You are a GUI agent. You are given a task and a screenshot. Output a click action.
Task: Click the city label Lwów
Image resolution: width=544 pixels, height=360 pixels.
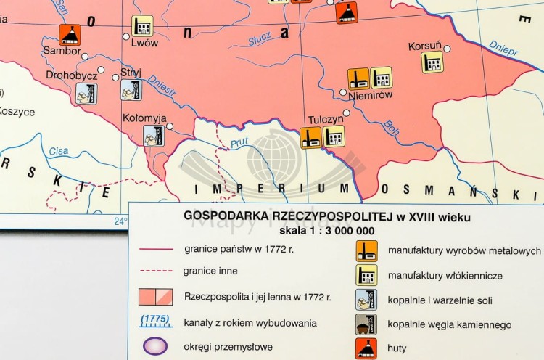pos(144,43)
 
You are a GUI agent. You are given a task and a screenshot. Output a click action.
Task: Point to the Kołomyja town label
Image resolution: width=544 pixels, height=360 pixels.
pos(145,118)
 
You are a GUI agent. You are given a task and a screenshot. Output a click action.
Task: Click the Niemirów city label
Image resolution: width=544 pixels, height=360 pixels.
pos(370,94)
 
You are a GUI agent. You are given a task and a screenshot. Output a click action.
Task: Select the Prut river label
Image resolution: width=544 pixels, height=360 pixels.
pos(239,143)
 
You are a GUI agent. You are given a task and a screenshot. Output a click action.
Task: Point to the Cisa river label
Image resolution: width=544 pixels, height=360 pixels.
pos(59,152)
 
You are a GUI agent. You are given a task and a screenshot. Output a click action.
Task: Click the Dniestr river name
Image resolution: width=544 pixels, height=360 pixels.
pos(162,85)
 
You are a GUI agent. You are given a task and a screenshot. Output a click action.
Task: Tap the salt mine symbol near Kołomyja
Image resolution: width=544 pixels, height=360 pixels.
pos(154,136)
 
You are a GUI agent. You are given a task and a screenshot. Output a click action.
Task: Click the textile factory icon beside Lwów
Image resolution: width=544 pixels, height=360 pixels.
pos(142,26)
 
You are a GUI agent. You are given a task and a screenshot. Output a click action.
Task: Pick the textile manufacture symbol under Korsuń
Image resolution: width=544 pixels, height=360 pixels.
pos(433,62)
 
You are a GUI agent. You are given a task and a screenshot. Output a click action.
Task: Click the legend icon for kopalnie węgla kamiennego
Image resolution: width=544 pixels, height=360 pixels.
pos(366,324)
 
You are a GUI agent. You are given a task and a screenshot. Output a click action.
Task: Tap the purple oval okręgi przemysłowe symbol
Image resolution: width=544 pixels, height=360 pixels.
pos(154,345)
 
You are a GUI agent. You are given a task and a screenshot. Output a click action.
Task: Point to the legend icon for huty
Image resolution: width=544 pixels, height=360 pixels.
pos(366,348)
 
